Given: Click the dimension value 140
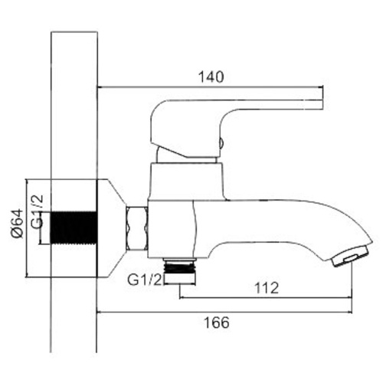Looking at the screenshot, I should (211, 77).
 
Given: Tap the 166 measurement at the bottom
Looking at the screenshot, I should (218, 323).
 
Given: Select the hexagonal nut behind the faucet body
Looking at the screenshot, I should (137, 227).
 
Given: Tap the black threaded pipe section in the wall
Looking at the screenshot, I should (73, 228).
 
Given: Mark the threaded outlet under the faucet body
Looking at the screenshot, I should (182, 267).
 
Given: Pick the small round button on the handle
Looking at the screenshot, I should (221, 142).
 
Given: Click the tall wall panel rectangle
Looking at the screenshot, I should (74, 115).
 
